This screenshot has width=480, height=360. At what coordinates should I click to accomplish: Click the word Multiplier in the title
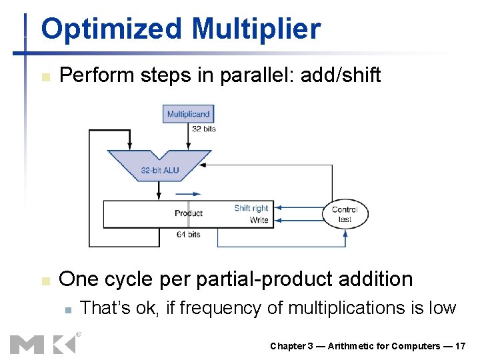[x=255, y=29]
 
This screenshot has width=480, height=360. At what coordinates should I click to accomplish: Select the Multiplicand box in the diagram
[x=188, y=114]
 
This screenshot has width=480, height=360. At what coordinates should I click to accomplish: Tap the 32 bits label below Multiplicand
[x=204, y=129]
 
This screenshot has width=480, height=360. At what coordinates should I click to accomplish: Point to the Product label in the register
[x=189, y=213]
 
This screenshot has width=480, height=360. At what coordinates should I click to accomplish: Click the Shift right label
[x=251, y=208]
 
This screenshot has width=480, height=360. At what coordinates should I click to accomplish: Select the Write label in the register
[x=259, y=220]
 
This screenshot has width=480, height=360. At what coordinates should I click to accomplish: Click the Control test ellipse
[x=345, y=214]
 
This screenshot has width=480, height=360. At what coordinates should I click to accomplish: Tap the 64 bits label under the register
[x=189, y=235]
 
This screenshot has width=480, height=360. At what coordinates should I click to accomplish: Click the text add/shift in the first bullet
[x=341, y=75]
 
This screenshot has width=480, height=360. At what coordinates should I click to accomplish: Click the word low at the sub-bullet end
[x=441, y=308]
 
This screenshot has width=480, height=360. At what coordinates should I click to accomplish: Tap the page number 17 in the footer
[x=460, y=346]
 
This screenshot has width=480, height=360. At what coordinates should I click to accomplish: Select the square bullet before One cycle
[x=45, y=281]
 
